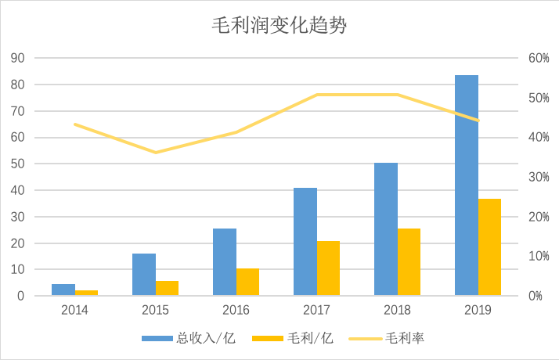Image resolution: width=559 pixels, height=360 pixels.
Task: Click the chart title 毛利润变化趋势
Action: pyautogui.click(x=279, y=27)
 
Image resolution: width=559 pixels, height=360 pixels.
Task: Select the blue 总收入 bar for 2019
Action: pyautogui.click(x=467, y=185)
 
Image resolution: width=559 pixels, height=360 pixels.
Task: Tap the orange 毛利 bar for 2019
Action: pyautogui.click(x=489, y=247)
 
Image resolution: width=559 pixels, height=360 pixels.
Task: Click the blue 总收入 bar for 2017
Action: pyautogui.click(x=305, y=242)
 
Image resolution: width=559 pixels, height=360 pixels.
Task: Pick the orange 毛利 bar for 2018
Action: pyautogui.click(x=409, y=262)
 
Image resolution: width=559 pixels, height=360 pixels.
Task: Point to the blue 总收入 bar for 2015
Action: pyautogui.click(x=144, y=275)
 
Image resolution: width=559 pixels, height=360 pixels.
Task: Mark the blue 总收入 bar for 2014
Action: pyautogui.click(x=63, y=290)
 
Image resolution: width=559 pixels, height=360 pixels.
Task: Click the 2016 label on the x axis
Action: pyautogui.click(x=236, y=310)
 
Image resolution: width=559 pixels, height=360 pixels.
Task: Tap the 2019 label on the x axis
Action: pyautogui.click(x=478, y=310)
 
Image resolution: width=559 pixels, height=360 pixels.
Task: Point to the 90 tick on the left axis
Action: pyautogui.click(x=18, y=58)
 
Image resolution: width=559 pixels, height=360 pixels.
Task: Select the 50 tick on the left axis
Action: pyautogui.click(x=18, y=164)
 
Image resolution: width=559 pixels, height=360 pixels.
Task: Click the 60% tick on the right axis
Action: pyautogui.click(x=537, y=58)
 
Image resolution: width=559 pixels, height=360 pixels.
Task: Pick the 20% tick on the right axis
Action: pyautogui.click(x=537, y=217)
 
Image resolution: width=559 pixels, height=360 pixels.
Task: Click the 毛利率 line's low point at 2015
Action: pyautogui.click(x=155, y=153)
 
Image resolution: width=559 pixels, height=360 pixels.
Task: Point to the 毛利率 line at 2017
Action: pyautogui.click(x=316, y=95)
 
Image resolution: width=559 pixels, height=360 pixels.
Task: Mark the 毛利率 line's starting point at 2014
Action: pyautogui.click(x=75, y=124)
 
